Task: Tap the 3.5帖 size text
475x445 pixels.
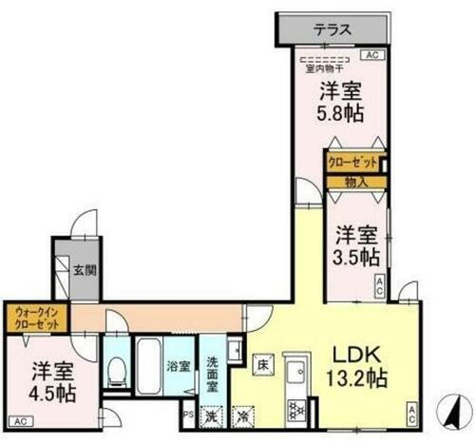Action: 356,257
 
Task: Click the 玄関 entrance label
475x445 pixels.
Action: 84,269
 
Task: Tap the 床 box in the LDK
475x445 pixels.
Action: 264,362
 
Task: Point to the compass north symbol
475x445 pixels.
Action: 447,411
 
